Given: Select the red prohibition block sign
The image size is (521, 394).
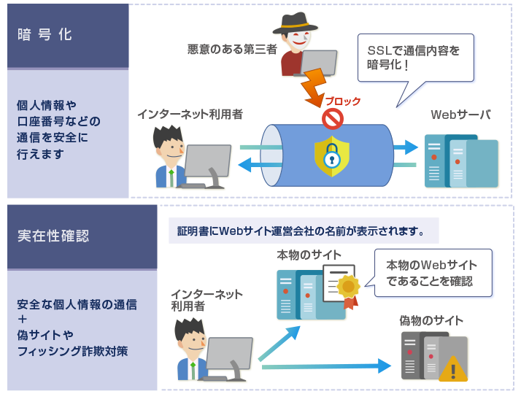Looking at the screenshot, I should tap(333, 117).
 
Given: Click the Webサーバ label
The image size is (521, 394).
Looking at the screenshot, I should tap(460, 115).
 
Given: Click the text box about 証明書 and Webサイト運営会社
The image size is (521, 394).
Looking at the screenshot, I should tap(302, 232).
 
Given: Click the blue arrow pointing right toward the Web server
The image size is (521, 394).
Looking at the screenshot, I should tap(404, 148).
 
